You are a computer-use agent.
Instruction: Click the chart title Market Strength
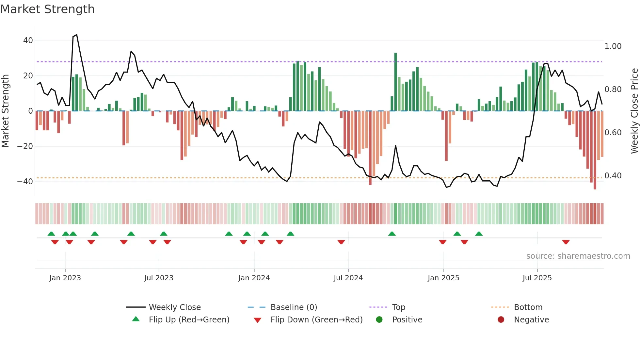click(47, 9)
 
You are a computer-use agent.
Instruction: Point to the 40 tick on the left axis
click(28, 41)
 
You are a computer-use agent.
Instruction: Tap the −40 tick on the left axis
click(25, 182)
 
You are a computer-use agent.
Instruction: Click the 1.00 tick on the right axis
click(613, 46)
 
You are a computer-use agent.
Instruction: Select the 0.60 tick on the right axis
click(613, 133)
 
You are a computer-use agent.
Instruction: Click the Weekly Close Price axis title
click(634, 111)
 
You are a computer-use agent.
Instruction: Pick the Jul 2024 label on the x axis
click(348, 278)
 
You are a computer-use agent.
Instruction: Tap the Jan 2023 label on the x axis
click(65, 278)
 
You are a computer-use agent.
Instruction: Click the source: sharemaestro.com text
click(578, 256)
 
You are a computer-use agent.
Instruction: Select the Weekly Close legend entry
click(175, 307)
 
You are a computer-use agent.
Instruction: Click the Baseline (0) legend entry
click(294, 307)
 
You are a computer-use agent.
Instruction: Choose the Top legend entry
click(398, 307)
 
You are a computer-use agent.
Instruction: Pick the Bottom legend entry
click(528, 307)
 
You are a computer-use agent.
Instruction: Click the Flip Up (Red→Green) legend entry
click(189, 320)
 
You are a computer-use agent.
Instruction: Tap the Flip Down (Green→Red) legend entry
click(316, 320)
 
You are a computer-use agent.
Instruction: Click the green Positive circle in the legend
click(379, 320)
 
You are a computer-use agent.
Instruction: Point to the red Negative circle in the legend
click(501, 320)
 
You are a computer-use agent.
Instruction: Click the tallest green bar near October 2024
click(395, 82)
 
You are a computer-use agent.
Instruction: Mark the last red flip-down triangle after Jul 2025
click(566, 242)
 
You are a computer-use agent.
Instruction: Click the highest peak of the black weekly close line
click(76, 35)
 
